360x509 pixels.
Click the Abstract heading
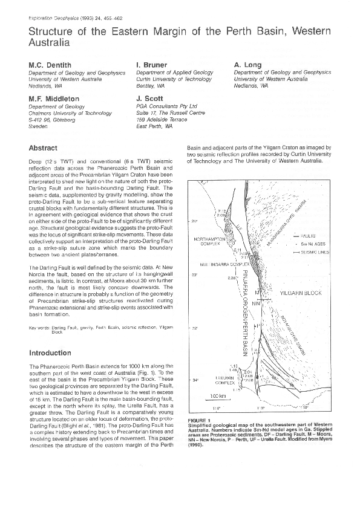pyautogui.click(x=43, y=148)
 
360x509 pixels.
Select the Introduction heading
pyautogui.click(x=50, y=353)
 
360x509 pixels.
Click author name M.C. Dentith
pyautogui.click(x=50, y=64)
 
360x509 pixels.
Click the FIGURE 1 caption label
pyautogui.click(x=198, y=419)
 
